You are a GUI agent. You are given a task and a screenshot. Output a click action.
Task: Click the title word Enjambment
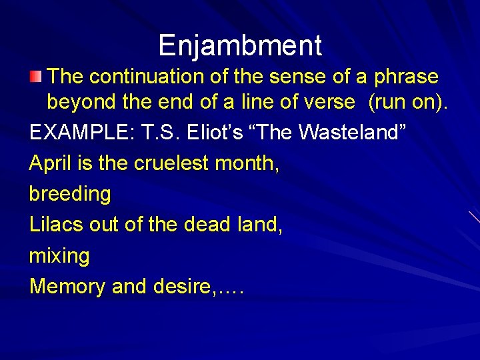click(240, 45)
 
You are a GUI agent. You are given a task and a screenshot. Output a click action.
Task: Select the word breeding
click(70, 195)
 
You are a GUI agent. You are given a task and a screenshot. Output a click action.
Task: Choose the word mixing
click(59, 256)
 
